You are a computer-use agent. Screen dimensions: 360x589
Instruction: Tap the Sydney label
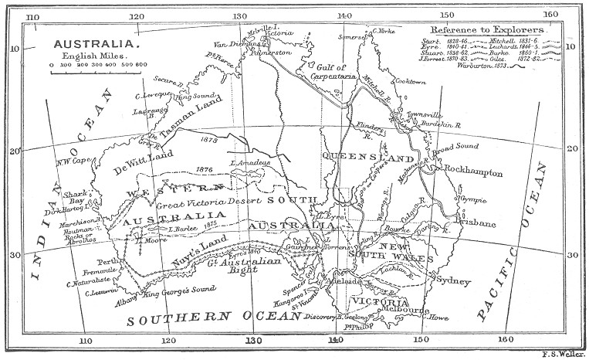point(453,281)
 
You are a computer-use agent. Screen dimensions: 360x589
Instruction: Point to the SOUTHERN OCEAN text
point(208,318)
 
